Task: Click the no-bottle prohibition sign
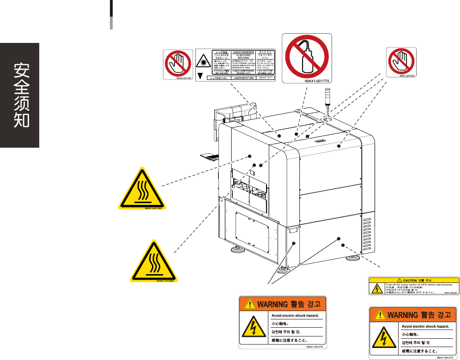[307, 56]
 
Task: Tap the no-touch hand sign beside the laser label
[179, 64]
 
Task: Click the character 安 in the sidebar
[20, 71]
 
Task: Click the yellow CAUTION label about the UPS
[414, 286]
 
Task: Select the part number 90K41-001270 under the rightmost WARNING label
[442, 357]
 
